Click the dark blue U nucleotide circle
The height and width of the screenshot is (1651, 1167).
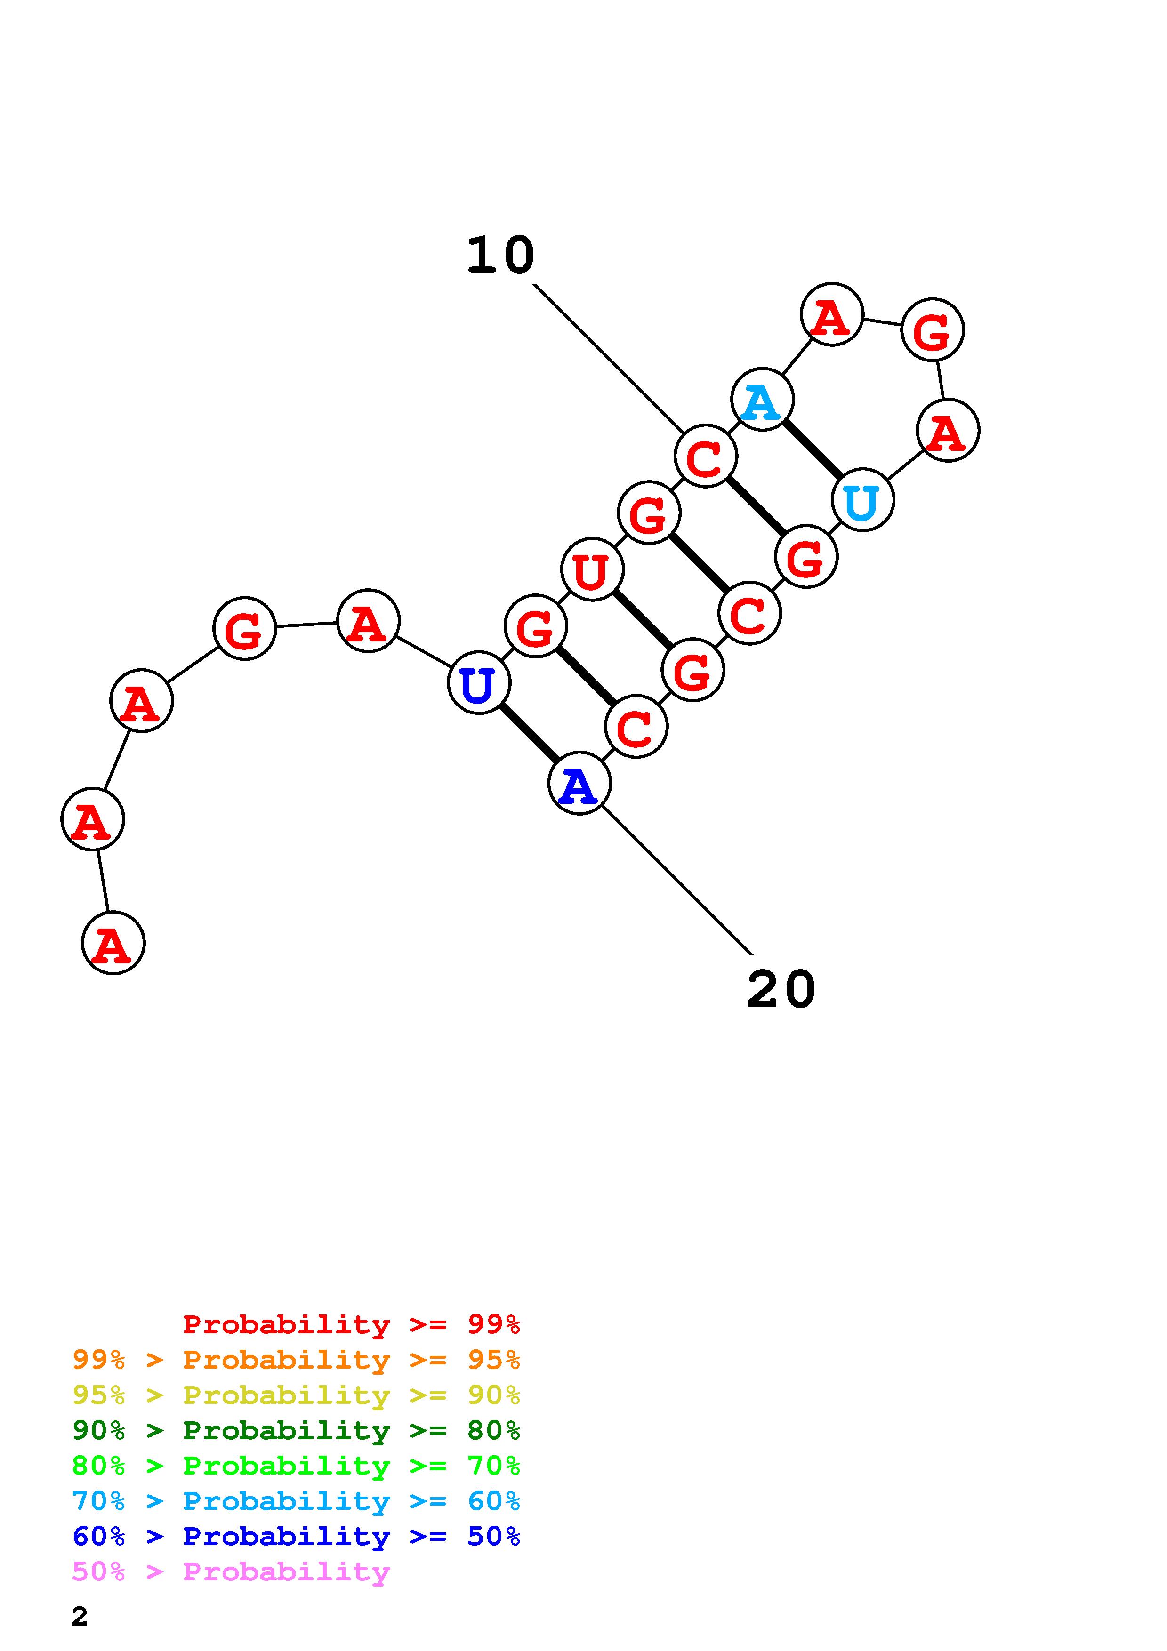point(479,682)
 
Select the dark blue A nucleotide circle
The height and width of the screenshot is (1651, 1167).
point(579,783)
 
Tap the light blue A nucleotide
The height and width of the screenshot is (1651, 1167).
point(762,400)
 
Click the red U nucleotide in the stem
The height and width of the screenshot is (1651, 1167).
point(592,569)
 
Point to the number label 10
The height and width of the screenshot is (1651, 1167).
point(500,256)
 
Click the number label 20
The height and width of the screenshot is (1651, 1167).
point(781,989)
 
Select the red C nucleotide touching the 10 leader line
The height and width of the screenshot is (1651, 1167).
point(705,457)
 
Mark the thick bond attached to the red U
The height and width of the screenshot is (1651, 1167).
point(642,620)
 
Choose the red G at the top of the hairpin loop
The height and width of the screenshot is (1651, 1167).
point(932,330)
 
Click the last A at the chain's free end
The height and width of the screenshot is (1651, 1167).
point(113,943)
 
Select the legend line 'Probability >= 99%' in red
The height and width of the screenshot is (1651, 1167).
point(351,1324)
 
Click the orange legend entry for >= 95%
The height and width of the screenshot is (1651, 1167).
point(296,1360)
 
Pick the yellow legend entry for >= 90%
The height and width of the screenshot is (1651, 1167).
point(296,1395)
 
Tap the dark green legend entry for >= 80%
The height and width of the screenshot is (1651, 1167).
point(296,1430)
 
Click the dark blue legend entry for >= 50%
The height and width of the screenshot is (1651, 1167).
point(296,1537)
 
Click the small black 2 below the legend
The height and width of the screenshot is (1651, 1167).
point(79,1617)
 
